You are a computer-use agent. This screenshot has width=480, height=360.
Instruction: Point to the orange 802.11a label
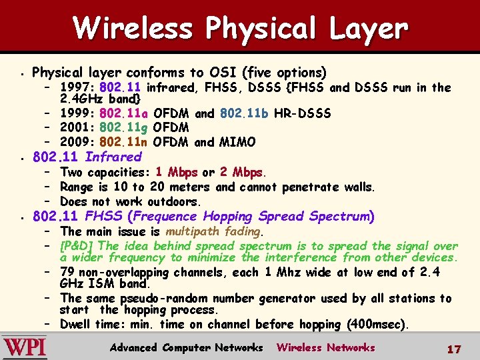[125, 113]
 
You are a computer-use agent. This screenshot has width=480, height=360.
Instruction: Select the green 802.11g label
[125, 127]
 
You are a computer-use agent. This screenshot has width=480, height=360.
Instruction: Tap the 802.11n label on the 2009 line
[125, 142]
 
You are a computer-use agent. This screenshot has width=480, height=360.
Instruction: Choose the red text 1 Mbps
[177, 172]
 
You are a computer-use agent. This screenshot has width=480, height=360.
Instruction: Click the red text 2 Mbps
[241, 172]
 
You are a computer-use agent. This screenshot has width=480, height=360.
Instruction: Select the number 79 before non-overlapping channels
[67, 272]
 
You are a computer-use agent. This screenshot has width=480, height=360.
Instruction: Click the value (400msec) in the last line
[377, 325]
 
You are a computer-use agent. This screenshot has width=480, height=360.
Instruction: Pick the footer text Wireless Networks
[326, 347]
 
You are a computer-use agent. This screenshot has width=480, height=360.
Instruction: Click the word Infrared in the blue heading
[113, 157]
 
